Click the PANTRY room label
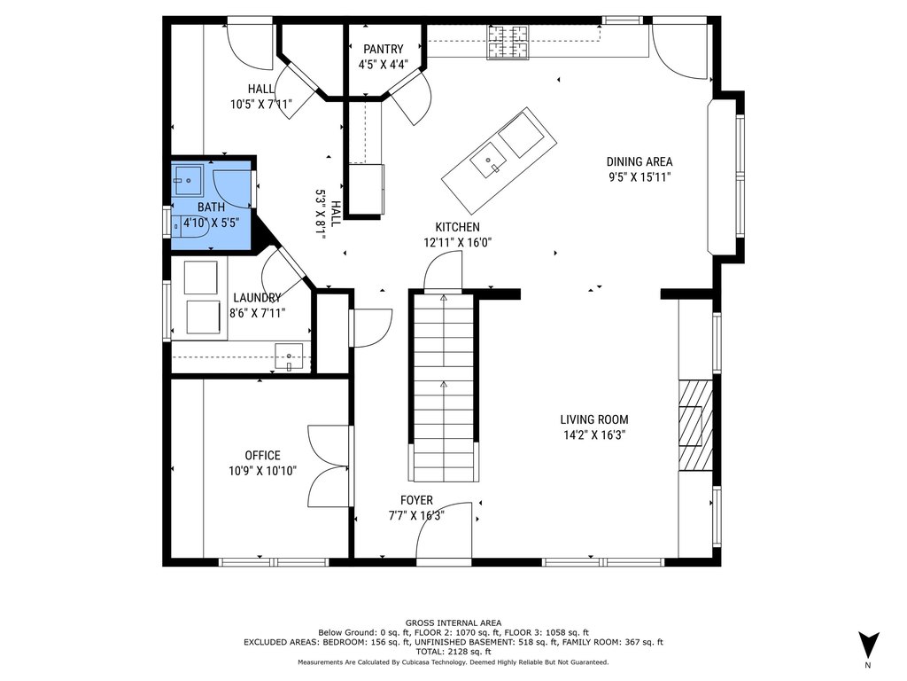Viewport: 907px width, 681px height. click(383, 50)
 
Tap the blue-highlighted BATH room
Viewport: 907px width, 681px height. click(211, 204)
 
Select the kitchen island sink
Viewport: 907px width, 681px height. click(488, 161)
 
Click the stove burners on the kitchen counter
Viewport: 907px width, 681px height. click(508, 43)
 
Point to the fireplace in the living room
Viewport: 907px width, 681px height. click(695, 425)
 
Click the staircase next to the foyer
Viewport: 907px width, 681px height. click(444, 387)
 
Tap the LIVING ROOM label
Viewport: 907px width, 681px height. click(594, 419)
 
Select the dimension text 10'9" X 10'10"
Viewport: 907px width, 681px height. click(262, 471)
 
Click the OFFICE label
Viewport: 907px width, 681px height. click(262, 456)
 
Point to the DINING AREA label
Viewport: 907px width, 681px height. click(640, 162)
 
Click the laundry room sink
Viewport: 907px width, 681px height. click(289, 356)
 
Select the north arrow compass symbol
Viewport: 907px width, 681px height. click(868, 646)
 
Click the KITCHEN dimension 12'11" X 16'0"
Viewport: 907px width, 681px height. click(458, 243)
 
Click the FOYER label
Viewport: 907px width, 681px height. click(416, 500)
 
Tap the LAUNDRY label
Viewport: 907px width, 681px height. click(257, 298)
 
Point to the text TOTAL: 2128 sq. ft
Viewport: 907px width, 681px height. click(453, 652)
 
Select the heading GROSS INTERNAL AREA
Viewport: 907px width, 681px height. click(453, 623)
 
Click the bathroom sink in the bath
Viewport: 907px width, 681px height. click(188, 181)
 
